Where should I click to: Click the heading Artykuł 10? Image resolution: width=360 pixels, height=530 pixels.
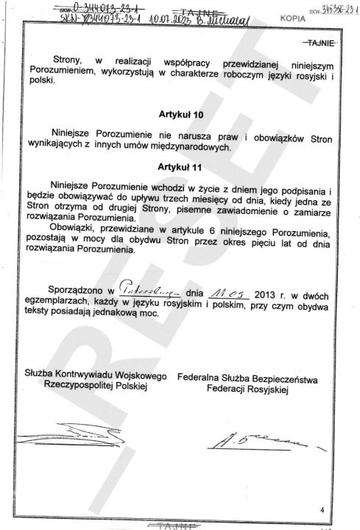tap(179, 115)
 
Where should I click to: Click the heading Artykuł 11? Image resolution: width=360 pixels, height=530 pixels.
tap(179, 168)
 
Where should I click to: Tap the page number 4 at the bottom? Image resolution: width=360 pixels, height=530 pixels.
tap(322, 509)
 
